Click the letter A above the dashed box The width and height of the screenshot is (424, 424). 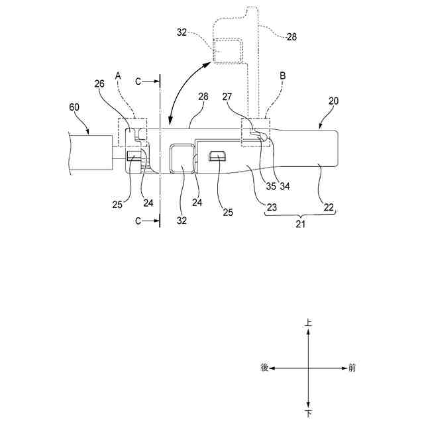coord(118,76)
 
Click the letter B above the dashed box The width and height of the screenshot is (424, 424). coord(282,76)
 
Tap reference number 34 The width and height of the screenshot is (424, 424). coord(285,186)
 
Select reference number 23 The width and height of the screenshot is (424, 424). coord(272,207)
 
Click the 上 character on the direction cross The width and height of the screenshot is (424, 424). coord(308,323)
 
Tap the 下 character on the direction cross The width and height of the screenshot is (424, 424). coord(308,413)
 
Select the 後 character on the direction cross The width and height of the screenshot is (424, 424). coord(264,368)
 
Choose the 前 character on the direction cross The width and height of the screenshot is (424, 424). coord(352,368)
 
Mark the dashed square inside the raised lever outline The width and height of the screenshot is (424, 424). coord(227,51)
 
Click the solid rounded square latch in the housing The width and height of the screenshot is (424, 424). coord(182,158)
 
